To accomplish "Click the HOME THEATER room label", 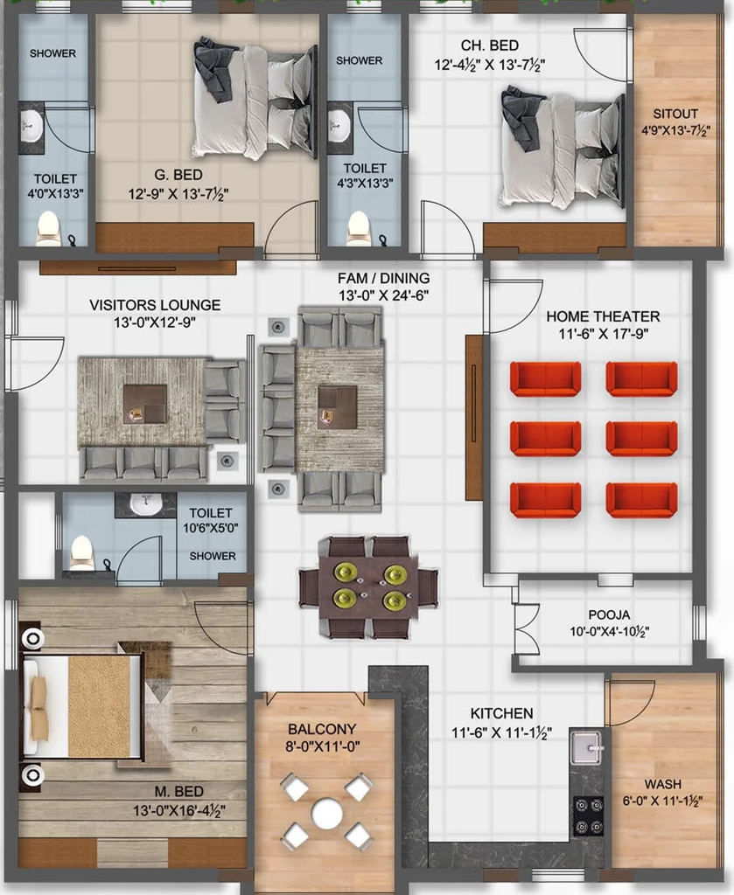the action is click(x=603, y=316).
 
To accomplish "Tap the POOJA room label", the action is click(x=609, y=614).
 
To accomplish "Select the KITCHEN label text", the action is click(x=501, y=713).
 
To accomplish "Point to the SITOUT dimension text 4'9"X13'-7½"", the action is click(x=675, y=131).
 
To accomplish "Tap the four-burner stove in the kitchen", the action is click(x=589, y=816).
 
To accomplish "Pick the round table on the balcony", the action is click(x=326, y=813).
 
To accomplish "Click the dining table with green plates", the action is click(x=368, y=587).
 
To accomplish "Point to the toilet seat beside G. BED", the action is click(x=47, y=229).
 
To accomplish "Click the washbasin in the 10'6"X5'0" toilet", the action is click(x=146, y=504).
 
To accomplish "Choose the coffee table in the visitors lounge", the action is click(x=145, y=404).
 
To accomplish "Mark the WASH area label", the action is click(x=662, y=784).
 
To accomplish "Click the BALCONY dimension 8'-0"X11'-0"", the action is click(x=322, y=746).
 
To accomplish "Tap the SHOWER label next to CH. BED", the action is click(x=360, y=60).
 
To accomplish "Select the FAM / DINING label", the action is click(x=383, y=278).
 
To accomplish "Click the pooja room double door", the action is click(x=525, y=628).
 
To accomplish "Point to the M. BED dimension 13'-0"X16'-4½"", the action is click(x=178, y=810).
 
